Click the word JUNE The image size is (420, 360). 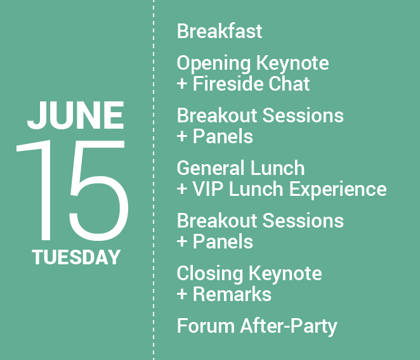75,115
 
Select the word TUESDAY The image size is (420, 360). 76,257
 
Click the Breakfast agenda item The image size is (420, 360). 219,31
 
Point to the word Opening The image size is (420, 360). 213,64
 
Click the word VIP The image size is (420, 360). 208,189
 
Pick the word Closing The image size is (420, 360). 210,274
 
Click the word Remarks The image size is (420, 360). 232,295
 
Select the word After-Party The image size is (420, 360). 288,327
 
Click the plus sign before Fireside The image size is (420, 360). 182,84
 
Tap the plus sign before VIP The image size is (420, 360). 182,190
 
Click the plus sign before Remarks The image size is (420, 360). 182,295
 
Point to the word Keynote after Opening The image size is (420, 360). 292,64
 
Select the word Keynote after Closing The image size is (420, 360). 285,274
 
